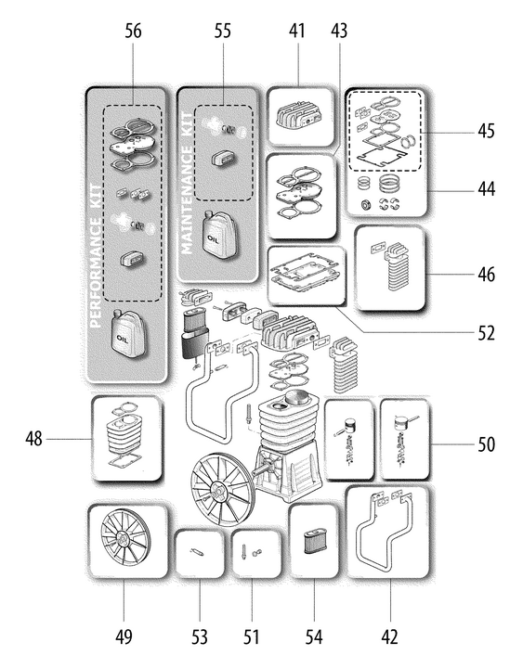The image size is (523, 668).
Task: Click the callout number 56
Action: pyautogui.click(x=133, y=32)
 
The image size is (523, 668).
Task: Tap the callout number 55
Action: pyautogui.click(x=222, y=32)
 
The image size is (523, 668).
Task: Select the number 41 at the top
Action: pyautogui.click(x=297, y=32)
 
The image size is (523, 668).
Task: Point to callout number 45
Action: pyautogui.click(x=487, y=131)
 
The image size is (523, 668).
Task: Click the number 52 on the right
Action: pyautogui.click(x=487, y=333)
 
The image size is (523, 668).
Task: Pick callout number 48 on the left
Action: pyautogui.click(x=33, y=438)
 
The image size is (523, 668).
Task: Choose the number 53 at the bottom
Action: pyautogui.click(x=200, y=637)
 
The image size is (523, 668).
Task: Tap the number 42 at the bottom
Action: pyautogui.click(x=390, y=637)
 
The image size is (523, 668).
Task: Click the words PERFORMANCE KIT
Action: pyautogui.click(x=97, y=256)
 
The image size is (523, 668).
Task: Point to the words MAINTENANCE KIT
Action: pyautogui.click(x=187, y=183)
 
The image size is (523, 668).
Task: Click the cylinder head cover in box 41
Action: pyautogui.click(x=299, y=116)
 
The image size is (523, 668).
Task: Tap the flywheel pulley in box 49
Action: pyautogui.click(x=125, y=541)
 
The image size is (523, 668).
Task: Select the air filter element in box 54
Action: pyautogui.click(x=314, y=542)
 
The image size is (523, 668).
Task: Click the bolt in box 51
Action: pyautogui.click(x=244, y=552)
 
